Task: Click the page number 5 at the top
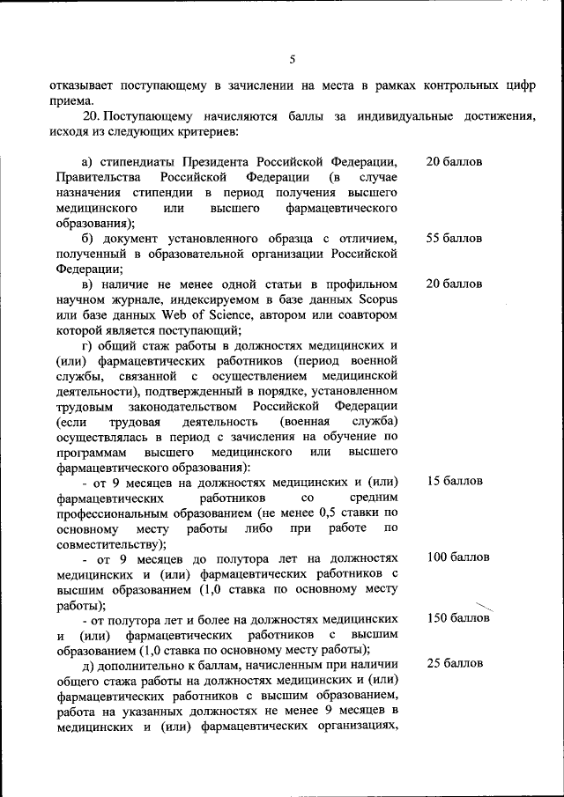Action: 293,59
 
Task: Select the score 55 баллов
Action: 454,239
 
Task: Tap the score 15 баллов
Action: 454,481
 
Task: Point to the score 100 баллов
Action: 457,557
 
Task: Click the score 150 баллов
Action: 457,618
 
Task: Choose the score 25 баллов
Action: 454,662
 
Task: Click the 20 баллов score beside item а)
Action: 454,162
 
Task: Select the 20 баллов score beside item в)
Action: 454,284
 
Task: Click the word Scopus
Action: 374,299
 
